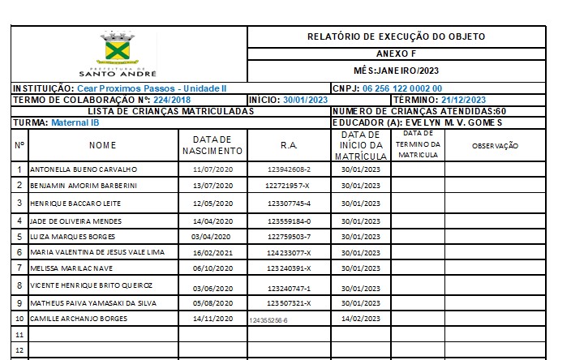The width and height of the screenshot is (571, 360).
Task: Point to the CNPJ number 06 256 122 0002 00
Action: pyautogui.click(x=401, y=88)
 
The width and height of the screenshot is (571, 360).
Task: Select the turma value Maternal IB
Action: pyautogui.click(x=75, y=123)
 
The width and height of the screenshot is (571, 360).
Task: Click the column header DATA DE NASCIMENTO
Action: pyautogui.click(x=213, y=145)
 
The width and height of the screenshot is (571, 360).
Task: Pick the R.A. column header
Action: pyautogui.click(x=289, y=145)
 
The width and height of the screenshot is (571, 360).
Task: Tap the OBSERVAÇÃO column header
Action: pyautogui.click(x=495, y=146)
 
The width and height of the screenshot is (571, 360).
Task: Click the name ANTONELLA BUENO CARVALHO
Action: pyautogui.click(x=84, y=170)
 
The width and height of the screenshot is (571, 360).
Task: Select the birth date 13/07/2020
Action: pyautogui.click(x=213, y=186)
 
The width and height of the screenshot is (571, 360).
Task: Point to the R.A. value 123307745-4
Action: pyautogui.click(x=289, y=203)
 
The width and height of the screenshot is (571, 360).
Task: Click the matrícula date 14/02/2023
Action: pyautogui.click(x=361, y=319)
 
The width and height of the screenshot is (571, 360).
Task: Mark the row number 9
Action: pyautogui.click(x=19, y=303)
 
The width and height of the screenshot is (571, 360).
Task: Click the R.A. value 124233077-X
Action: pyautogui.click(x=289, y=253)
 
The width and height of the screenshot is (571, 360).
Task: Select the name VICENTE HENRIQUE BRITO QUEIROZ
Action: pyautogui.click(x=90, y=285)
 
